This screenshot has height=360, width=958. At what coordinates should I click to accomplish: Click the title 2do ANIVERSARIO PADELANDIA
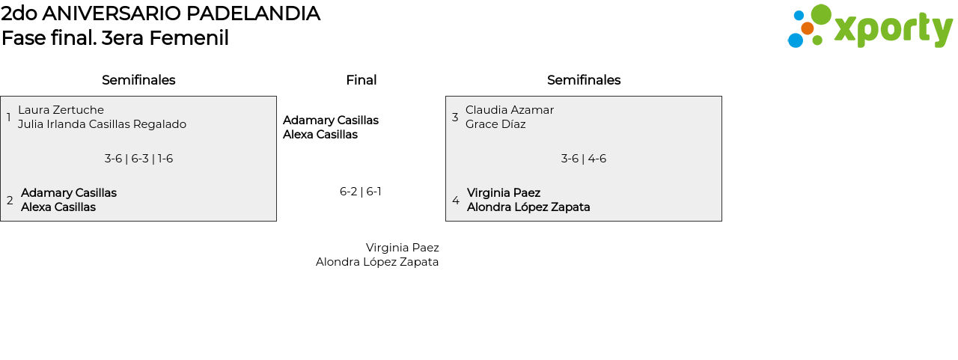coord(160,13)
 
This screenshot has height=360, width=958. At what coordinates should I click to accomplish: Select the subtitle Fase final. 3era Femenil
coord(115,38)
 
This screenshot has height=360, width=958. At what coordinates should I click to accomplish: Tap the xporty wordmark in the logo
coord(893,30)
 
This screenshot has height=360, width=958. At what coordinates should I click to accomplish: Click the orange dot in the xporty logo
coord(807,28)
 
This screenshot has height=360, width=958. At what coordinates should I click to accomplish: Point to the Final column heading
coord(361,80)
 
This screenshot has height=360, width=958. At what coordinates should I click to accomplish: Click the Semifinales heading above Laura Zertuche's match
coord(138,80)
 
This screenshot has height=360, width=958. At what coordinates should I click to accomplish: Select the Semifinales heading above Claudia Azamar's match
coord(584,80)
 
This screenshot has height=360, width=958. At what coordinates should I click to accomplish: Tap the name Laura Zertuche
coord(61,110)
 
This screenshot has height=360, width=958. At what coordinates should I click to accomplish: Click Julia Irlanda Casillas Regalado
coord(102,124)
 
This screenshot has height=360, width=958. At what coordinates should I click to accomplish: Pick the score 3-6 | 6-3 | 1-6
coord(138,159)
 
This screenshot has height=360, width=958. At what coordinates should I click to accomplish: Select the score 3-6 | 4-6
coord(584,159)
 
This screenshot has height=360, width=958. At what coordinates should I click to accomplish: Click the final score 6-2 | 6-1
coord(361,192)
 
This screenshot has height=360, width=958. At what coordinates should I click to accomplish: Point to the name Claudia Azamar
coord(510,110)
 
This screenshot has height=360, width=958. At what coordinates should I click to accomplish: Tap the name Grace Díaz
coord(495,124)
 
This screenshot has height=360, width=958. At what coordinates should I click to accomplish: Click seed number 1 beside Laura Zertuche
coord(8,118)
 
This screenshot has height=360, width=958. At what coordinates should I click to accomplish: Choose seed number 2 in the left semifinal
coord(10,201)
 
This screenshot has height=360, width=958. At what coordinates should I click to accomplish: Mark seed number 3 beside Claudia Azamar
coord(455,118)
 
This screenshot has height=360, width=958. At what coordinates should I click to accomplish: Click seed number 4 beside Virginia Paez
coord(456,201)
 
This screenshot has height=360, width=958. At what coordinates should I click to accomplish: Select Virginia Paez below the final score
coord(402,248)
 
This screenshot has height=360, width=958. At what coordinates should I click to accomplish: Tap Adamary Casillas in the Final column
coord(331,120)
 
